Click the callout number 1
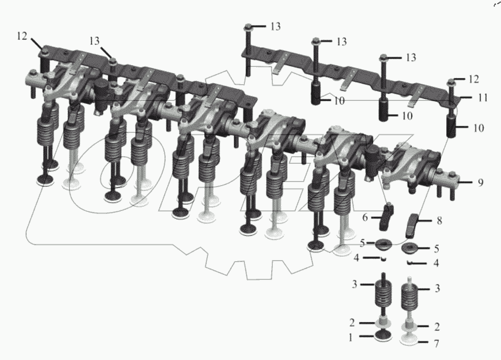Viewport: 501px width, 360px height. coord(350,337)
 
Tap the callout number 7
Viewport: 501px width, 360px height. coord(436,344)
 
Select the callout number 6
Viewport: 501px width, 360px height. coord(365,218)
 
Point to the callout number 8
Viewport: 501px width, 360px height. coord(439,221)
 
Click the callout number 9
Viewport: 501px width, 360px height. coord(481,183)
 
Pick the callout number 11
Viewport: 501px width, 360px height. coord(482,97)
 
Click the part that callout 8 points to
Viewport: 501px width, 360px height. coord(412,226)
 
